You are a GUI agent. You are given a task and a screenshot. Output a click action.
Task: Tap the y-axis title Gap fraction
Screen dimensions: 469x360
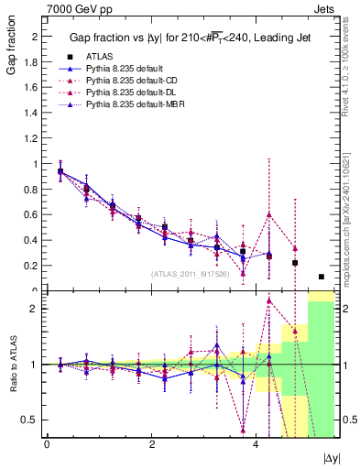[13, 49]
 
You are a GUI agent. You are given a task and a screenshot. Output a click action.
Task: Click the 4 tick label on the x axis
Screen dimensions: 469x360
[256, 445]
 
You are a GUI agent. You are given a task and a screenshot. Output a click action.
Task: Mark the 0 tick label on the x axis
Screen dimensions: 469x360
[47, 445]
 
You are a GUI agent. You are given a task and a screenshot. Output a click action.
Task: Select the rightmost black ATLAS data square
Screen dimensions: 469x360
[322, 277]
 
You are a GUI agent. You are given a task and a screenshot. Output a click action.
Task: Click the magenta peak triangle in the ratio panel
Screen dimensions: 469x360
[269, 300]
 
